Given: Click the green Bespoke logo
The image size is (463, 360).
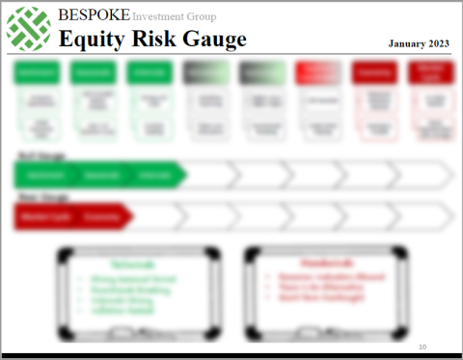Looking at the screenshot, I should click(x=29, y=29).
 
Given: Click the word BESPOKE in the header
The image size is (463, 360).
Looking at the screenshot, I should click(x=93, y=15).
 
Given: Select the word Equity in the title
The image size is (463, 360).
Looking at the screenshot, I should click(x=91, y=40).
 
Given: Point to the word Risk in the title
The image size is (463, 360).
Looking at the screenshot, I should click(x=153, y=40).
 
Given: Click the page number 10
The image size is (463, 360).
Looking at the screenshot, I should click(x=422, y=346).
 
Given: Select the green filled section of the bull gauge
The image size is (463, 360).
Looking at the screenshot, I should click(x=96, y=176).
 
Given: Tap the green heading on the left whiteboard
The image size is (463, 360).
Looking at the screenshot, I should click(x=137, y=263).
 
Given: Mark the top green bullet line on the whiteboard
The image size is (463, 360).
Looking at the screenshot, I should click(x=140, y=278).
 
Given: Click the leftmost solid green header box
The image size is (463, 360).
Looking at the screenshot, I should click(x=35, y=71).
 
